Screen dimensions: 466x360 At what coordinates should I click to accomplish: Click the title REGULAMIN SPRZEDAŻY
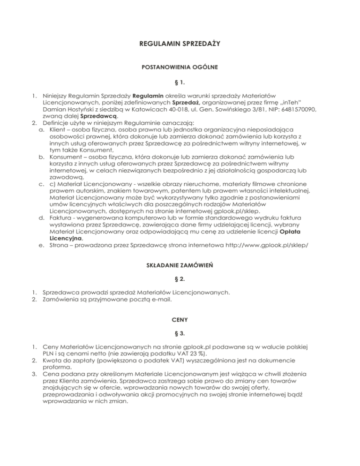coord(180,44)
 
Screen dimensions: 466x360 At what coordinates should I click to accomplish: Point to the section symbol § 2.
coord(180,279)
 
